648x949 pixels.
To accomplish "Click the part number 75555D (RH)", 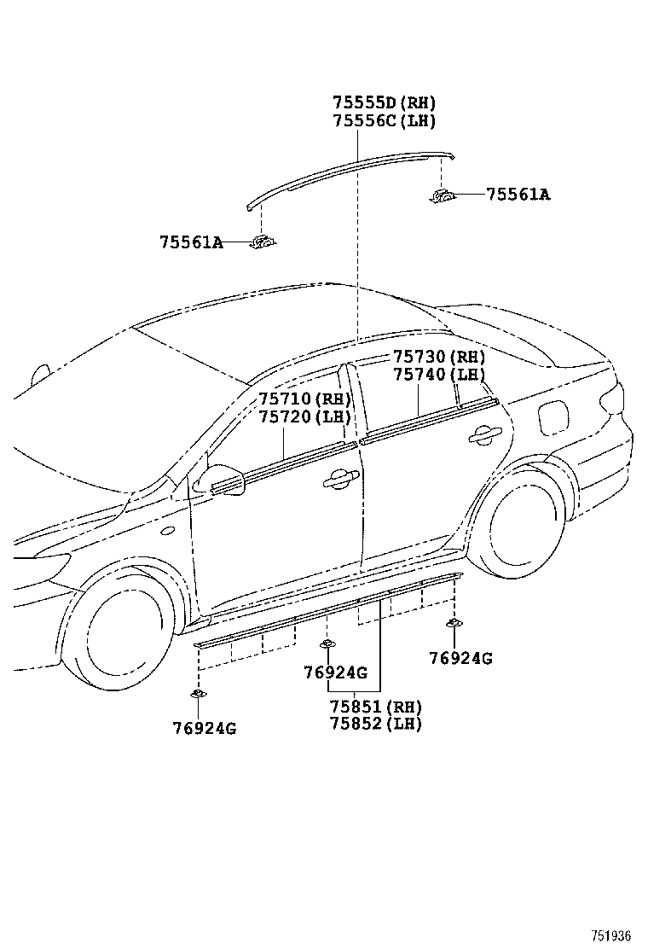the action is pos(384,102).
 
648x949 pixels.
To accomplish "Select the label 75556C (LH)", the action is pos(384,120).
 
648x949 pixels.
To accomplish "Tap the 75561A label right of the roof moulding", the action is pos(518,195).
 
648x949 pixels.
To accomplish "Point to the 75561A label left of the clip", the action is pos(191,242).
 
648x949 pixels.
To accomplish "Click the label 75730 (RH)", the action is pos(439,357).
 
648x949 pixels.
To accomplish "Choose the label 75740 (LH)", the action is pos(439,375).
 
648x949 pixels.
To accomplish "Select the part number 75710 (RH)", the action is pos(305,399).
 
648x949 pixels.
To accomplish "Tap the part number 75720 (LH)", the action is pos(305,417).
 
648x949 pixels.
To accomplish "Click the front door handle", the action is pos(339,479).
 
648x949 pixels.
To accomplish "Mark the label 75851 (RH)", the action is pos(375,707).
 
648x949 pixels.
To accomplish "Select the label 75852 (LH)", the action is pos(375,723).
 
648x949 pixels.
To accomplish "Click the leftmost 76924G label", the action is pos(205,728).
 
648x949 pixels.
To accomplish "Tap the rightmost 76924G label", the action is pos(460,658).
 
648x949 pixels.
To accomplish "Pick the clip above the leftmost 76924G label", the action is pos(198,694).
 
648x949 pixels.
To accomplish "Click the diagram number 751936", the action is pos(610,935).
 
